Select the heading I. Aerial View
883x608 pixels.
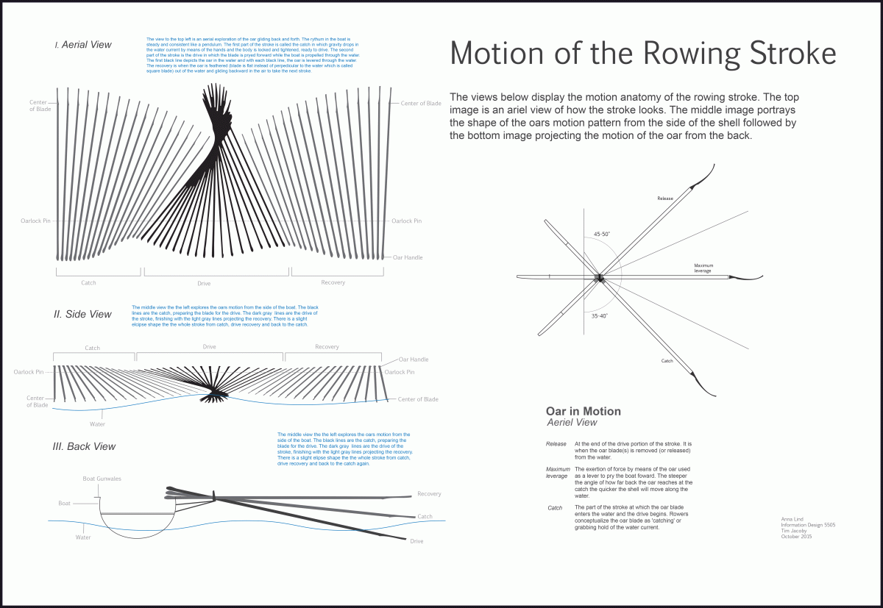(83, 45)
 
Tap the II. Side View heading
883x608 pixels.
(82, 315)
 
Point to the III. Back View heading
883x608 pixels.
(85, 446)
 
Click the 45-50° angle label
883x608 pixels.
(602, 235)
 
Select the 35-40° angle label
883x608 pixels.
(600, 315)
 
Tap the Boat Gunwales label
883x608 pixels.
(102, 479)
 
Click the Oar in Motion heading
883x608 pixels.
(583, 412)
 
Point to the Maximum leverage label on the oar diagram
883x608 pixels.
(703, 268)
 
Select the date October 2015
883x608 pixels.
(797, 537)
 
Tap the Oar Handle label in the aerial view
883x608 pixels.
(407, 257)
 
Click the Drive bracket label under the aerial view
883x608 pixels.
(204, 283)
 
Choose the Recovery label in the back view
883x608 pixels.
(429, 494)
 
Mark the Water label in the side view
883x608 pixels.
(97, 424)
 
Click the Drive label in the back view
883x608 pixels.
(416, 541)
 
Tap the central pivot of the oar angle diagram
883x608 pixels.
(599, 278)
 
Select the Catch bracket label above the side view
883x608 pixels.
(92, 348)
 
